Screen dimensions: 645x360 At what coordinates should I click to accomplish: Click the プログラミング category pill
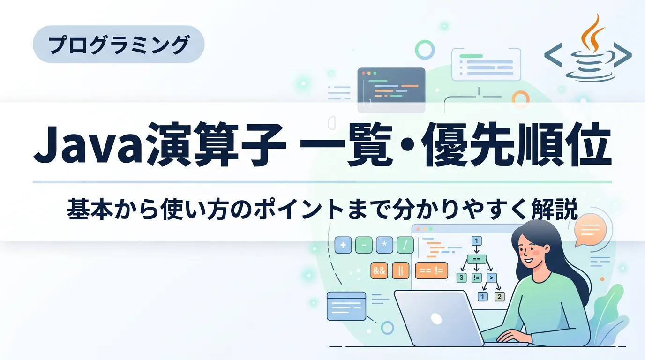(119, 45)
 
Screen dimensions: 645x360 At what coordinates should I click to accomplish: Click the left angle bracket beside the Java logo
(553, 55)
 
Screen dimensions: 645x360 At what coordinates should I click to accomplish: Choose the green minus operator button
(364, 245)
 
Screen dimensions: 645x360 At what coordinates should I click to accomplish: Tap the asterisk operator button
(384, 245)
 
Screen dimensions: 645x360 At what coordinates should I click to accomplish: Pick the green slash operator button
(405, 245)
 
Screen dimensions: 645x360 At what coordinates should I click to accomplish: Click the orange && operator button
(379, 270)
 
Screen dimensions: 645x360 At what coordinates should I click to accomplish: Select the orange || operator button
(400, 270)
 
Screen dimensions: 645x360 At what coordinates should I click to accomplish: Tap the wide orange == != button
(431, 270)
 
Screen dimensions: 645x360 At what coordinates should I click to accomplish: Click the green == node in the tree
(477, 259)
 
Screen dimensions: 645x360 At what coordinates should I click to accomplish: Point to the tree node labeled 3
(462, 277)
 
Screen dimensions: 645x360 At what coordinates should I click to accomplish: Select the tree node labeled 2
(500, 296)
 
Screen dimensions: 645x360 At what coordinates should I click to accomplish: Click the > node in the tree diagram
(492, 277)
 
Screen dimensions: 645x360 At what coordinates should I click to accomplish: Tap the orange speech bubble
(590, 230)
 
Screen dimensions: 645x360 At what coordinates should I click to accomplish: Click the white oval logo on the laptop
(436, 319)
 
